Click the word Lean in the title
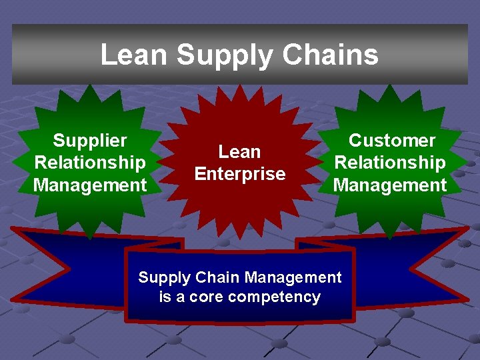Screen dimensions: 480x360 click(133, 55)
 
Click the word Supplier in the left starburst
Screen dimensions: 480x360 click(90, 141)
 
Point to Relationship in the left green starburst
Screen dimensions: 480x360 click(90, 163)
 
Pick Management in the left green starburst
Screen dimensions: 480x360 click(90, 185)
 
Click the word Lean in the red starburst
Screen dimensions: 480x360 click(239, 152)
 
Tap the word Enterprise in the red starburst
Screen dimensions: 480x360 click(239, 174)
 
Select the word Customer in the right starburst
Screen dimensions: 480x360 click(391, 141)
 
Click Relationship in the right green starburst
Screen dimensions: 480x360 click(390, 163)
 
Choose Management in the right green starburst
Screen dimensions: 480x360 click(390, 185)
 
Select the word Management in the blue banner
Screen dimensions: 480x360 click(293, 277)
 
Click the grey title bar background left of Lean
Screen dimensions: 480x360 click(53, 55)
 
